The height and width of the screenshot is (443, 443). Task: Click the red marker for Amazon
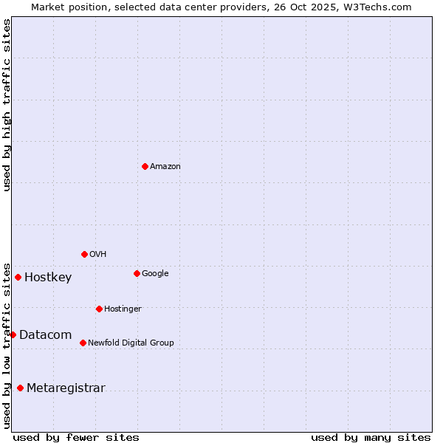pos(145,166)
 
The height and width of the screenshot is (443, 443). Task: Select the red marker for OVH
pos(84,254)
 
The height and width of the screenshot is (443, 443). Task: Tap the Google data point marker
pos(137,273)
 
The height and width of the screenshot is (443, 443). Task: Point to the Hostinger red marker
pos(99,309)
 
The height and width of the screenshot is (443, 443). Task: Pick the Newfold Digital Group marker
pos(83,343)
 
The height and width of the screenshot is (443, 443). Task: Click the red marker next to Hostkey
pos(18,277)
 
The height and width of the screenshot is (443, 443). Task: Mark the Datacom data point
pos(13,334)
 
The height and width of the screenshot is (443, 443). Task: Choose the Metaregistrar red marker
pos(20,388)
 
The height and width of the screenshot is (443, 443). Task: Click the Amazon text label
pos(165,167)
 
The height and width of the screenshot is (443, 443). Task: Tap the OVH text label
pos(98,255)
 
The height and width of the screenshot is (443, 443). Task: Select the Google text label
pos(155,274)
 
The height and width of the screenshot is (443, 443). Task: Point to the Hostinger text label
pos(123,309)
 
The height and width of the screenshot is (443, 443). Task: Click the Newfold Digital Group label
pos(131,343)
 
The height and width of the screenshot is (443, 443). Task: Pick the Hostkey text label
pos(48,278)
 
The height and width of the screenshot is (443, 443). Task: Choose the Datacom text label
pos(45,335)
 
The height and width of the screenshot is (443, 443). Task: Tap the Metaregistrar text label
pos(66,388)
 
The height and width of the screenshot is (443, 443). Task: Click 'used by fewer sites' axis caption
pos(76,437)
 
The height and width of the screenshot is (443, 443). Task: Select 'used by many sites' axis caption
pos(371,437)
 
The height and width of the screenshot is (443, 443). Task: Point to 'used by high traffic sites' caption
pos(7,105)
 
